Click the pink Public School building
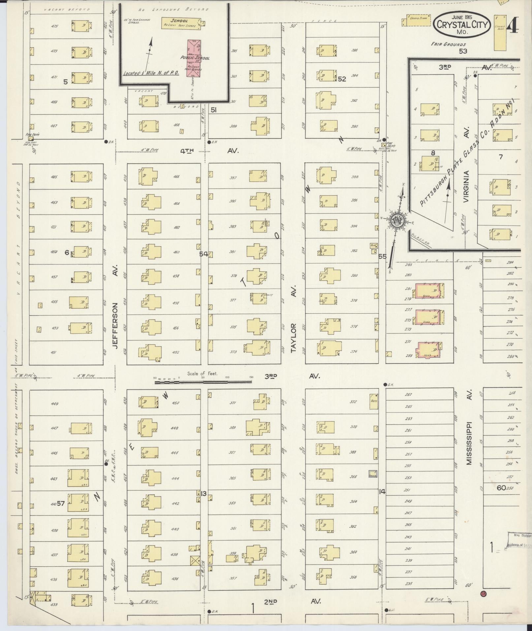point(195,59)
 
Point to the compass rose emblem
point(397,220)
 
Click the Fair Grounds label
point(449,44)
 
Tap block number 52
point(342,79)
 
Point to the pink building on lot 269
point(429,349)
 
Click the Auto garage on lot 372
point(373,401)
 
